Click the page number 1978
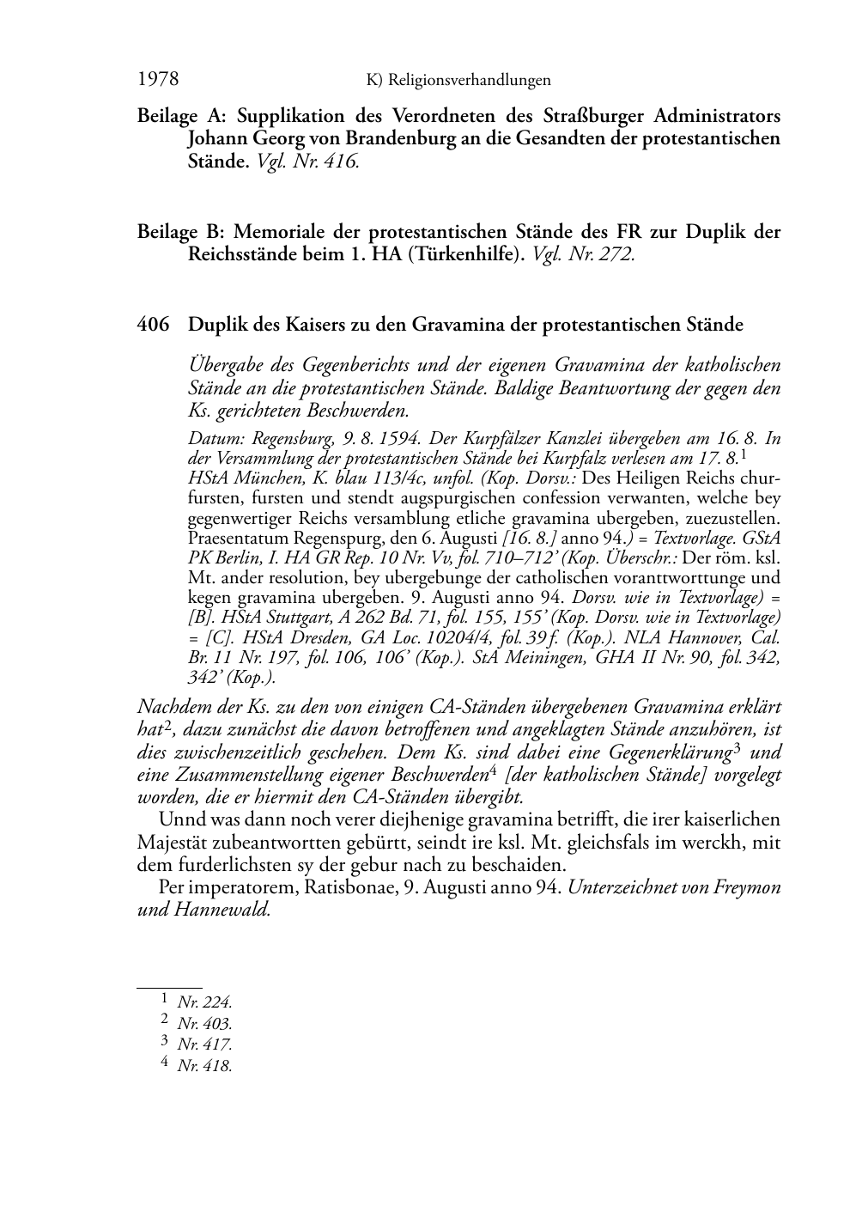(158, 80)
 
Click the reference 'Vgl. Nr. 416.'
(307, 161)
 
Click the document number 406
(152, 325)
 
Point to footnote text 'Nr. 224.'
(204, 1002)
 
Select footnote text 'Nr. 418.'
(204, 1066)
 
